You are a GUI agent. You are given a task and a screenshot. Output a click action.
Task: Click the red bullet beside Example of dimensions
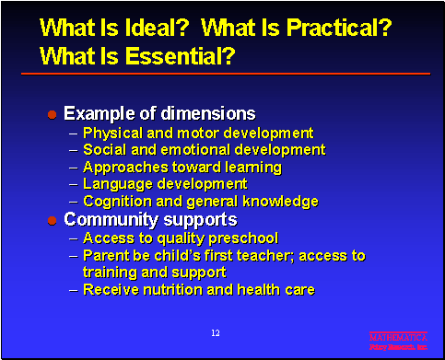(53, 115)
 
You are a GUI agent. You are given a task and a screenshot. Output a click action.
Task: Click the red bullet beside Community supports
(53, 220)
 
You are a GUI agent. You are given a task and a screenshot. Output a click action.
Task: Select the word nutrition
(169, 289)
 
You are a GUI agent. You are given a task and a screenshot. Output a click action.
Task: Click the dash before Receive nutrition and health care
(74, 290)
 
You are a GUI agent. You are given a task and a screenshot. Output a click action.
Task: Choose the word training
(111, 273)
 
